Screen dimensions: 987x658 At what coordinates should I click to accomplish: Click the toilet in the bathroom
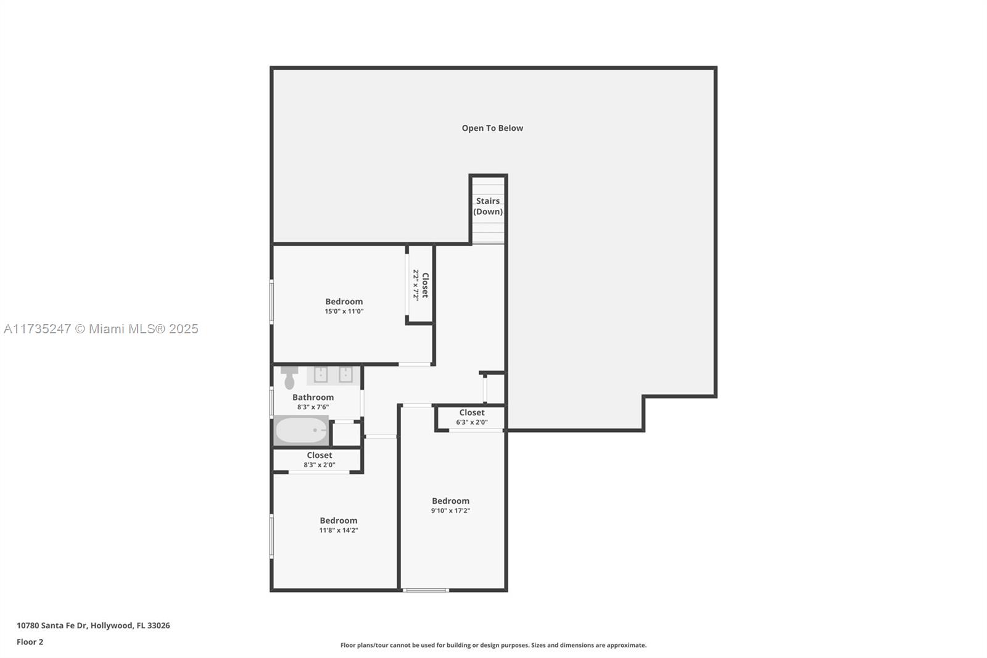[289, 378]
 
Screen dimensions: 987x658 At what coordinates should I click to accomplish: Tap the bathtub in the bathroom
[302, 430]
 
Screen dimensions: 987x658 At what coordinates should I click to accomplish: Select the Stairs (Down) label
[488, 206]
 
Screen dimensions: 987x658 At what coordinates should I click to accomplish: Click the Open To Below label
[492, 128]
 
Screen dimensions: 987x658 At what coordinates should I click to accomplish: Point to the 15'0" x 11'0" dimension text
[344, 311]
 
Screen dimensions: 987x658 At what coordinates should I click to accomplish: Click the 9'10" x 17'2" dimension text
[450, 510]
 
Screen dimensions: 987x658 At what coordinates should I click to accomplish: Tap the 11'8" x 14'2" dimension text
[339, 530]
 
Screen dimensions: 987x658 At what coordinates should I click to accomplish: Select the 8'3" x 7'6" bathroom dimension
[313, 407]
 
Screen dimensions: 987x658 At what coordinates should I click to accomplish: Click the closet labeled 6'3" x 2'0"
[471, 417]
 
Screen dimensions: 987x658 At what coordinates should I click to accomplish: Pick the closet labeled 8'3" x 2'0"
[317, 460]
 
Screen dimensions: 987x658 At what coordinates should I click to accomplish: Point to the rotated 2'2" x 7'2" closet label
[421, 285]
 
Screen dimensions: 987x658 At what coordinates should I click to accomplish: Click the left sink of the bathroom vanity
[320, 375]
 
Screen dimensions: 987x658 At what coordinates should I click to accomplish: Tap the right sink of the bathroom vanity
[345, 375]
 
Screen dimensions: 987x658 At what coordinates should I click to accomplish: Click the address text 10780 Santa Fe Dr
[52, 625]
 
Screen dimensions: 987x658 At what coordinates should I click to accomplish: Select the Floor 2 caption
[30, 642]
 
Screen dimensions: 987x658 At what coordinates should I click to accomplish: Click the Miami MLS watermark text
[101, 329]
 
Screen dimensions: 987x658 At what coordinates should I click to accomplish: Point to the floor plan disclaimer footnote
[493, 645]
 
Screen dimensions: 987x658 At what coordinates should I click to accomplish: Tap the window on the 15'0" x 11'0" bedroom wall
[271, 302]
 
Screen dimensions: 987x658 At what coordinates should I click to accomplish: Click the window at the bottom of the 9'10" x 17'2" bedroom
[426, 590]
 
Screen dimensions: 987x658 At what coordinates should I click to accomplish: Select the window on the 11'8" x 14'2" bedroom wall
[271, 536]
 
